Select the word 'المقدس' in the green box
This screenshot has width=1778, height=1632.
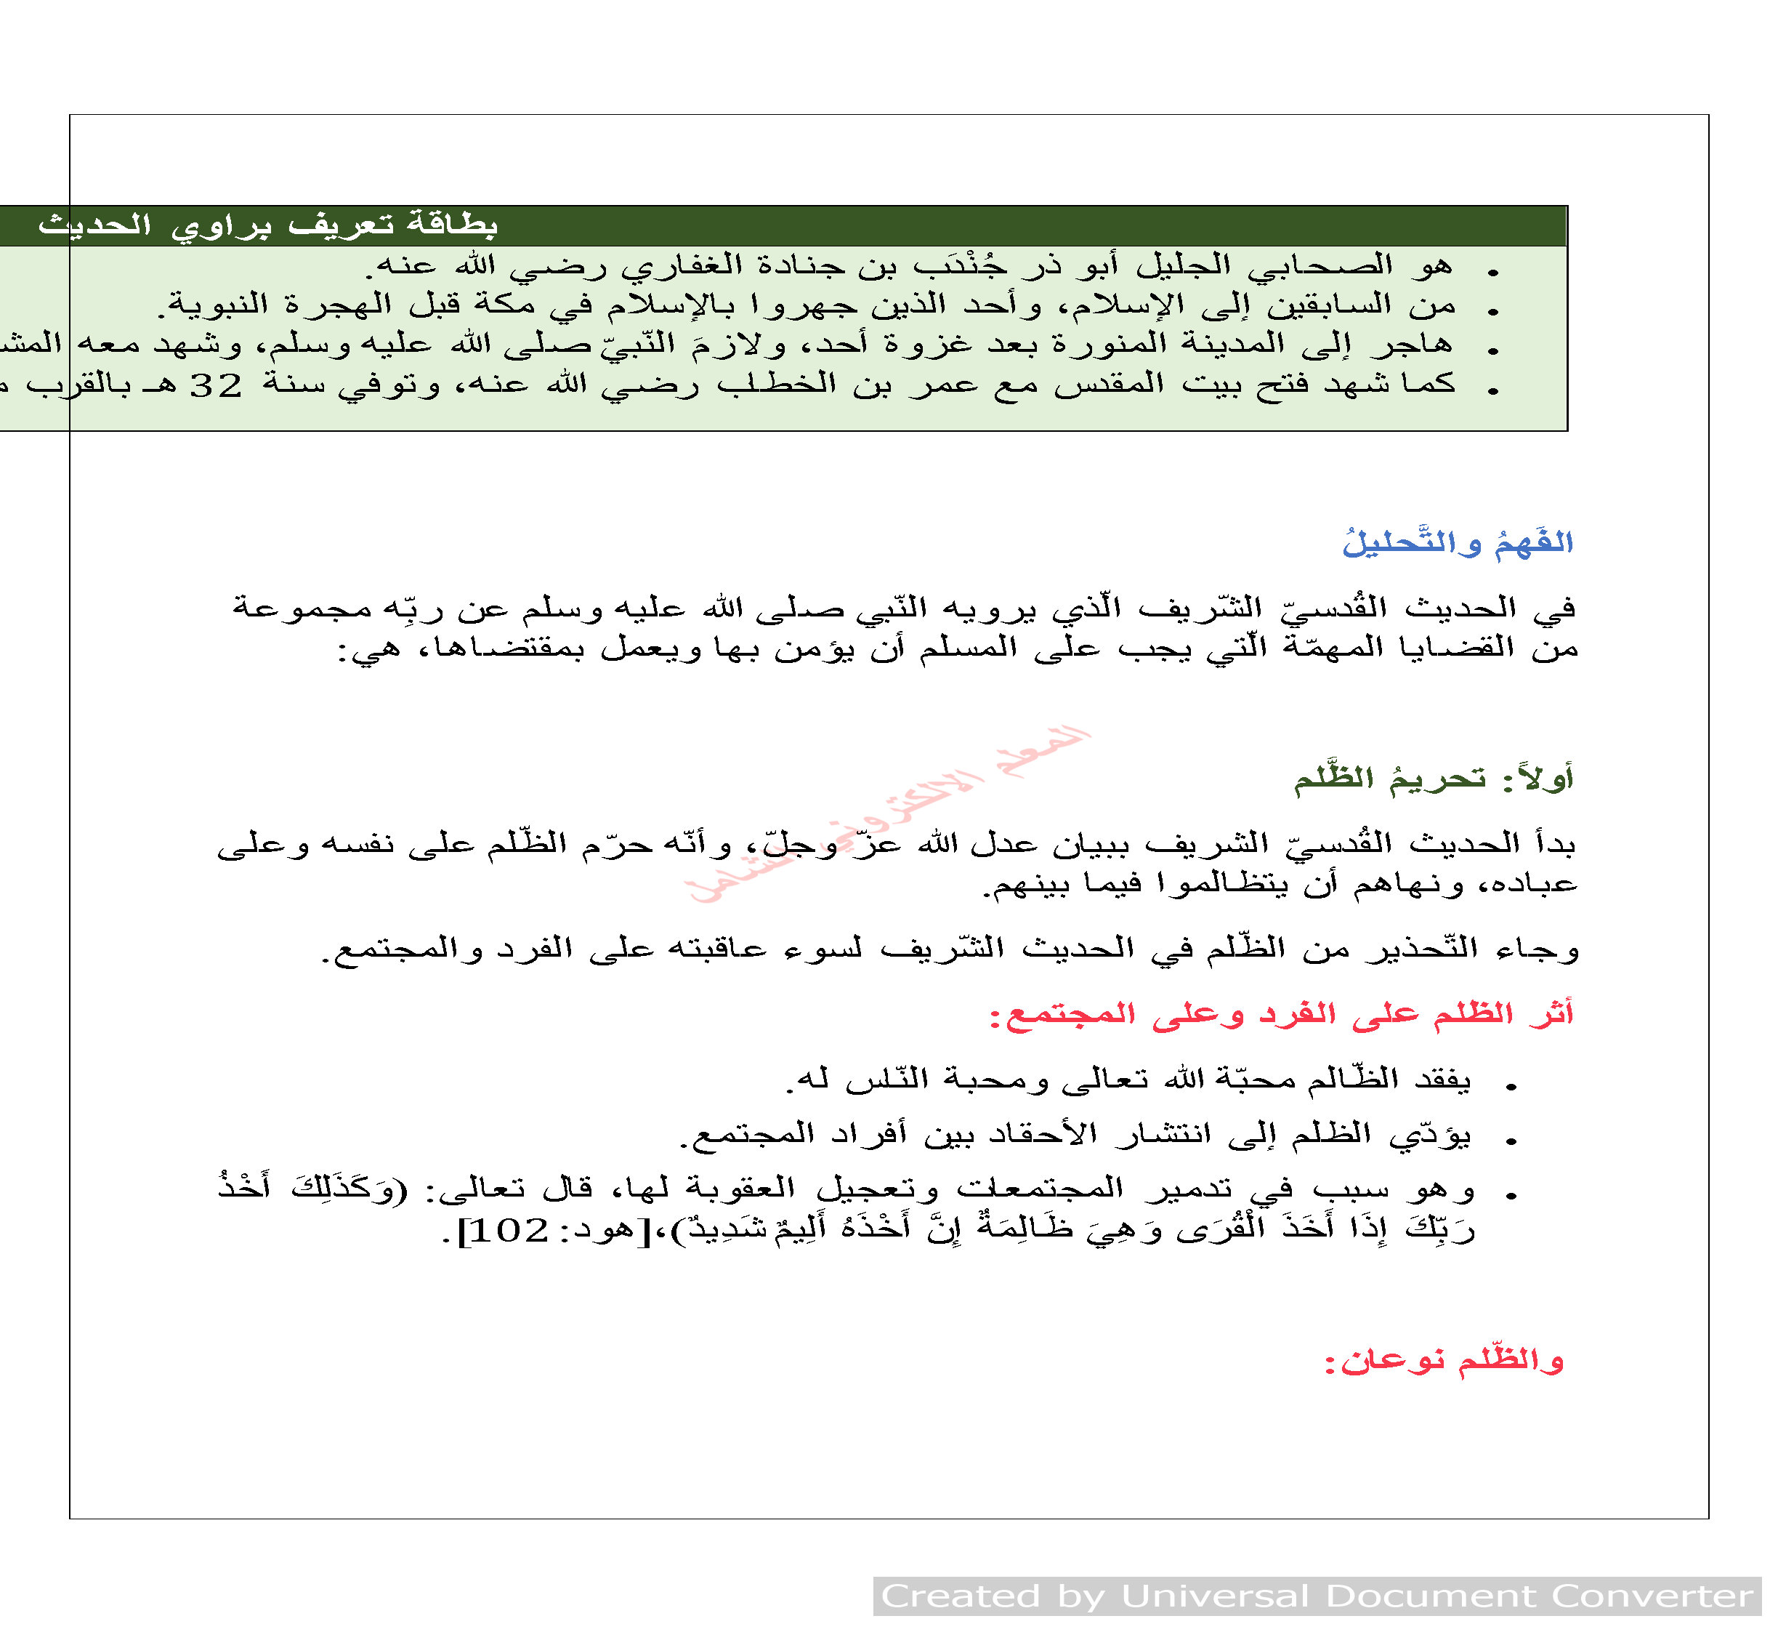(1108, 385)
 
